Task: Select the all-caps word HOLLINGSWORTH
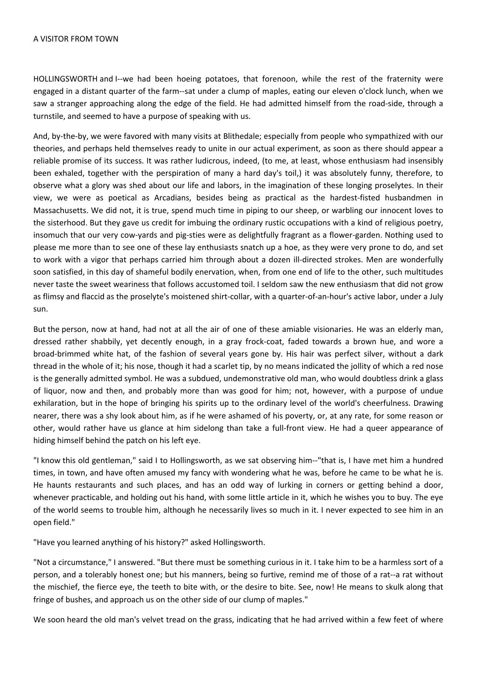[65, 79]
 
